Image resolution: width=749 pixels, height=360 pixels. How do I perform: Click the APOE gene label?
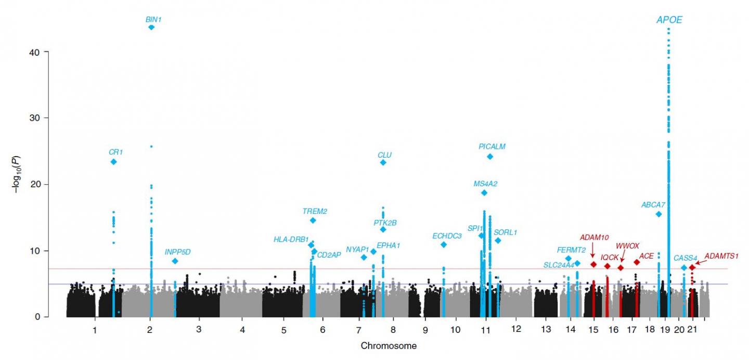668,20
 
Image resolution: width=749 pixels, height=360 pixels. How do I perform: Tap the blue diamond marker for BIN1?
151,27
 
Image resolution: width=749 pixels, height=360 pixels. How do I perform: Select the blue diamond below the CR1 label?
113,162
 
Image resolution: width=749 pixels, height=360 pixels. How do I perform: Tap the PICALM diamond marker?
490,157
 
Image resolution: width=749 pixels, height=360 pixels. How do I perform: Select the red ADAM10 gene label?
594,238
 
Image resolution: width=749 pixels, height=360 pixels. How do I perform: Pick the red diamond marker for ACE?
637,262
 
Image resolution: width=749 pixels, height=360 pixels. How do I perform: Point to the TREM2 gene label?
315,211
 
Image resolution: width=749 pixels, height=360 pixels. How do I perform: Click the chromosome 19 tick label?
667,330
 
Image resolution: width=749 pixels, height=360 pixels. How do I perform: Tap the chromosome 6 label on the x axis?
322,330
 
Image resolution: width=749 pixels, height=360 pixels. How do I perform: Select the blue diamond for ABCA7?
658,214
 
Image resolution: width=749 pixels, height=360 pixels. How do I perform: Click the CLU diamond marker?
383,162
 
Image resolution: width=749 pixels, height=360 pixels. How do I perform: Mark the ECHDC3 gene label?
447,236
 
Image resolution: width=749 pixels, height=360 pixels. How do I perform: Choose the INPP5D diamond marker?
175,261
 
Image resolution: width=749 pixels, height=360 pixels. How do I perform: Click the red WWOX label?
627,246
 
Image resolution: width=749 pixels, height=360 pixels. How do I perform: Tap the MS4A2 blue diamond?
484,192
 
